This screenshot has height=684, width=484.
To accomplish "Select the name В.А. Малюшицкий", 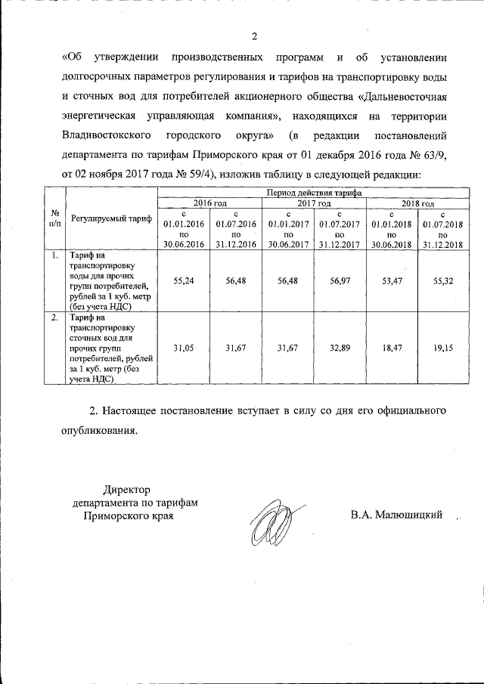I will pos(396,515).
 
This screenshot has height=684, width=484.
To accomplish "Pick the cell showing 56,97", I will pos(339,280).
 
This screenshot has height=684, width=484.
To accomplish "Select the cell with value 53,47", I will pos(391,280).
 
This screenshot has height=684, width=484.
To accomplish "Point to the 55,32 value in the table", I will pos(443,280).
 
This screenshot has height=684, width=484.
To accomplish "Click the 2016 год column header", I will pos(209,203).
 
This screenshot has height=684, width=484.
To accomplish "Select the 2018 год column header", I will pos(417,203).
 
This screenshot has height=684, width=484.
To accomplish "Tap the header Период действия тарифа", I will pos(313,194).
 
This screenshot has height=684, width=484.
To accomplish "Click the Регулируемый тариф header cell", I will pos(111,219).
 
